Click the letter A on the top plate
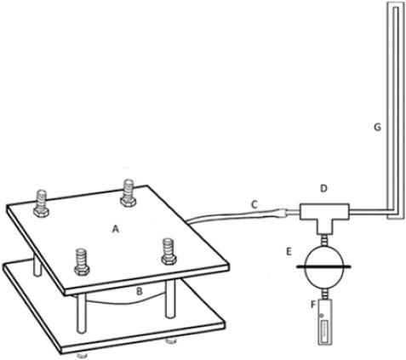115,229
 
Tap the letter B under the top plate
140,291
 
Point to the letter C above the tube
254,204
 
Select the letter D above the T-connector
324,189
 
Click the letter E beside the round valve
289,252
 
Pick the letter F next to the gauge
313,305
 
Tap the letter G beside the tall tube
378,128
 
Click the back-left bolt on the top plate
42,203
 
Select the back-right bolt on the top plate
129,193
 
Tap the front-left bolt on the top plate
82,262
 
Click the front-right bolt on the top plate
169,251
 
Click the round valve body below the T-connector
323,266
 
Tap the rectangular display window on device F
325,330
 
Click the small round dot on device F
321,316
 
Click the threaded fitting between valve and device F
323,294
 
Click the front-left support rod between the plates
81,313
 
